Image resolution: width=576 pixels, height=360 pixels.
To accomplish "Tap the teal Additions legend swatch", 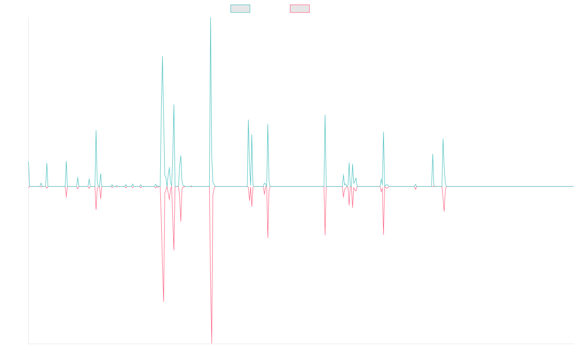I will (x=240, y=9).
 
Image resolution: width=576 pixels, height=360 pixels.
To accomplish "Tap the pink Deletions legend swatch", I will (x=300, y=9).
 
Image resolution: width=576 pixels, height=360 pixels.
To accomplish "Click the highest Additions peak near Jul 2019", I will (x=211, y=18).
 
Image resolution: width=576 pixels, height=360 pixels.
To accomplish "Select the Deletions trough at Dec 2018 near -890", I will (x=164, y=301).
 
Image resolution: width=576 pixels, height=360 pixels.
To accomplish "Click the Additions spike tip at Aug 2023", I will (x=443, y=139).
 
